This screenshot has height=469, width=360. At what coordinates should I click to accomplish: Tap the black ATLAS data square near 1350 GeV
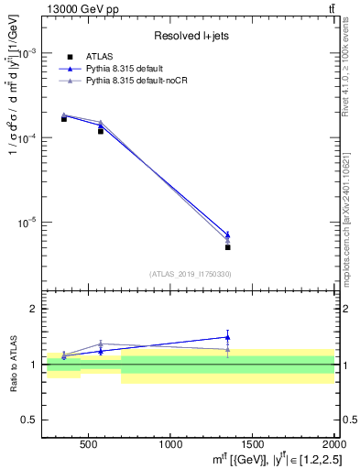pyautogui.click(x=227, y=247)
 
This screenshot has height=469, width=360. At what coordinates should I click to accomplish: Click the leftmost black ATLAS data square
pyautogui.click(x=64, y=119)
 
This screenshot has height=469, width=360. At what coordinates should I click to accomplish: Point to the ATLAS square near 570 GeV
pyautogui.click(x=101, y=131)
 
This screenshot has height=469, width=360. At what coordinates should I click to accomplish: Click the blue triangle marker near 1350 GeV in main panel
pyautogui.click(x=227, y=234)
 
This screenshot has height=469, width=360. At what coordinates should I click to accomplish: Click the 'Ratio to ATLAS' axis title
pyautogui.click(x=12, y=364)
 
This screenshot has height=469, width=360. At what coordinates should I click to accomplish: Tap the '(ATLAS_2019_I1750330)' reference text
pyautogui.click(x=190, y=273)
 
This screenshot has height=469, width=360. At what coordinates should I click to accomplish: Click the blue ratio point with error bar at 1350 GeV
pyautogui.click(x=227, y=337)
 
